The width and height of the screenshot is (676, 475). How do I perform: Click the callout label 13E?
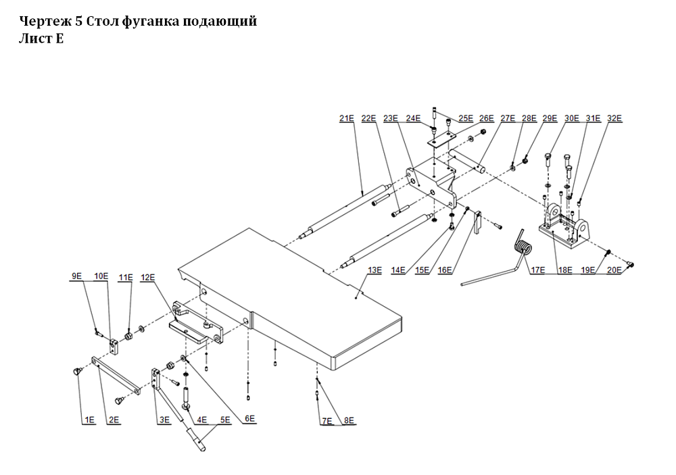374,270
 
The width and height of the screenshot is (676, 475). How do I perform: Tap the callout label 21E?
347,119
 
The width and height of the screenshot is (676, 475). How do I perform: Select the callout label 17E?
538,270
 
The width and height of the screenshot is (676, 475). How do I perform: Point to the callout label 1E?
89,420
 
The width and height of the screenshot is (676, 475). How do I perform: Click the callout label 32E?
614,119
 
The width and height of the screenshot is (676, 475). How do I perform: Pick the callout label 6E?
249,420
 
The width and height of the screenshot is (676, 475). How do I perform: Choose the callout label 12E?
148,277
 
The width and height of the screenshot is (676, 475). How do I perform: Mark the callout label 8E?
348,421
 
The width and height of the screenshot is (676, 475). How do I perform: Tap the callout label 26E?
486,119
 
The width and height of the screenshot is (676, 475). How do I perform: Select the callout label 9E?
76,276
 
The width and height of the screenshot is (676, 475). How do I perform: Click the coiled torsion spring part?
523,248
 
